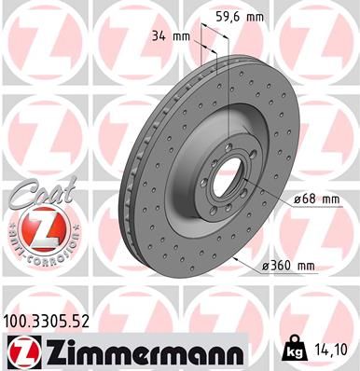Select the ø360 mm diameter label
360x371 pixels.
coord(293,268)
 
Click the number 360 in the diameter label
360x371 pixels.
coord(290,268)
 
